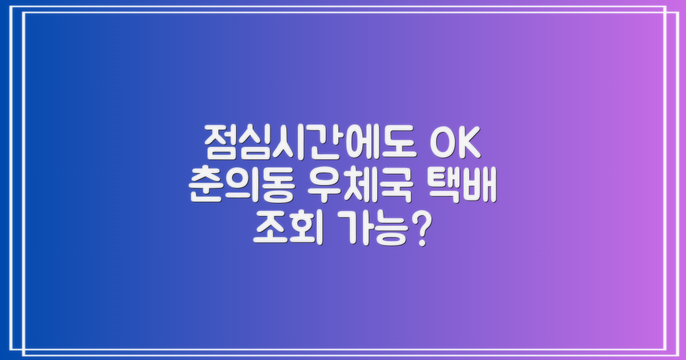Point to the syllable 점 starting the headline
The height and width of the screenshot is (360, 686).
pos(219,143)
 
